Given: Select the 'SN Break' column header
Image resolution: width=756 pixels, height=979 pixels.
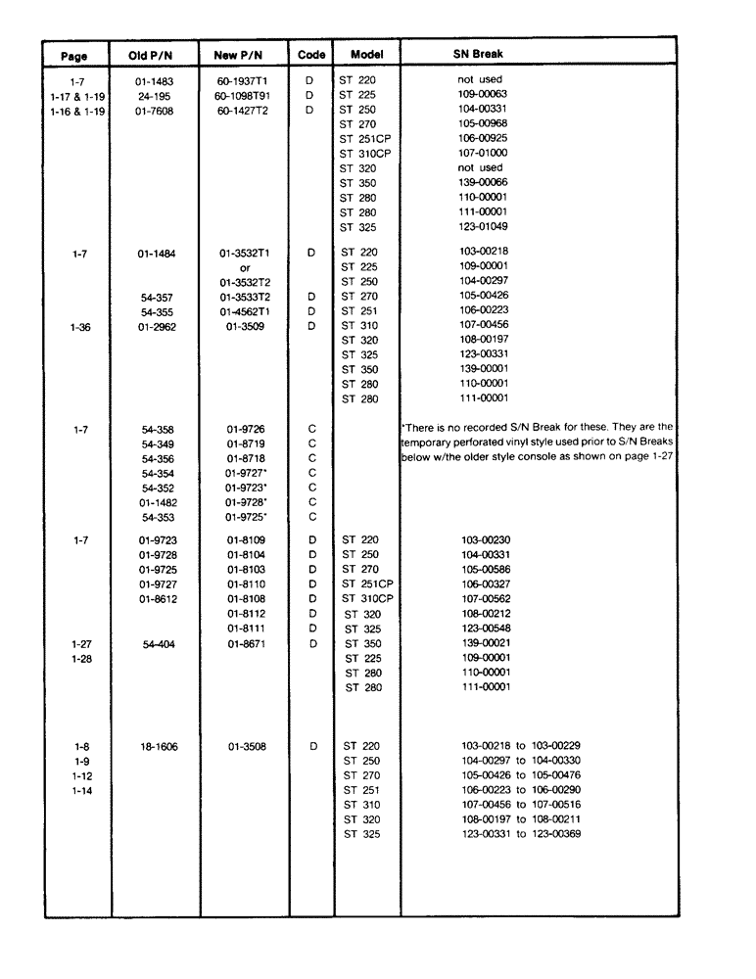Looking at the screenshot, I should click(x=478, y=54).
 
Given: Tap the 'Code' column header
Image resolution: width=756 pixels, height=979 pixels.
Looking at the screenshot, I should click(x=310, y=55).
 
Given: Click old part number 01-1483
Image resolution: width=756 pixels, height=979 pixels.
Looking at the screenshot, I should click(x=151, y=80).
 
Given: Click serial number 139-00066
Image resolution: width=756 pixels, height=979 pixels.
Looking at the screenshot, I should click(x=482, y=183).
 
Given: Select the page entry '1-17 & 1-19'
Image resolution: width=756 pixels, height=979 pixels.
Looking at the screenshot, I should click(x=77, y=95).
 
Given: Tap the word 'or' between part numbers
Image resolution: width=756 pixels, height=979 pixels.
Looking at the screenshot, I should click(x=246, y=267).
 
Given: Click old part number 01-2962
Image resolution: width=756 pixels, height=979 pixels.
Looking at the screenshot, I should click(x=151, y=326).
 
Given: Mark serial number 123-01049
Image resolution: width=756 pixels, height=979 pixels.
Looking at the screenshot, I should click(x=482, y=227).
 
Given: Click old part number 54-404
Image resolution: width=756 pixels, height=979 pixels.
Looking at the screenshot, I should click(x=151, y=643).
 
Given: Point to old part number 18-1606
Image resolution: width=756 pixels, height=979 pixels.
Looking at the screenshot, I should click(x=151, y=746).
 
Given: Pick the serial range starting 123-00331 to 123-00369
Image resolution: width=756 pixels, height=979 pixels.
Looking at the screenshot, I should click(x=522, y=834).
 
